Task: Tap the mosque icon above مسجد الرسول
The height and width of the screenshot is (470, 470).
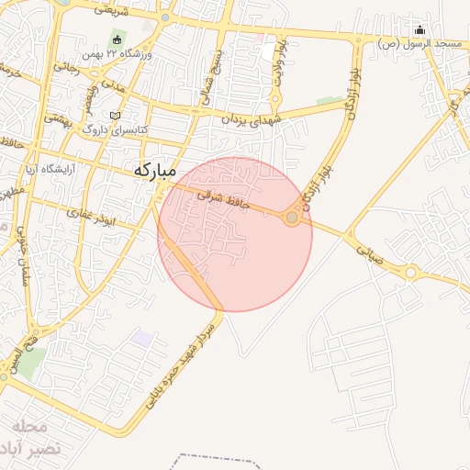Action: pos(420,29)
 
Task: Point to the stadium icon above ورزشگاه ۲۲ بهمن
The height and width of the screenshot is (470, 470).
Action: pos(117,38)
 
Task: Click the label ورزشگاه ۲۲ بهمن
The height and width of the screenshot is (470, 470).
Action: pos(123,53)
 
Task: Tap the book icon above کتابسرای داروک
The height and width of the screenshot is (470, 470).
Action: pos(115,116)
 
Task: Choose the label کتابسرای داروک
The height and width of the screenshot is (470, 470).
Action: pos(116,130)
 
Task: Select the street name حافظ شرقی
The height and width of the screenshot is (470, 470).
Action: pos(221,203)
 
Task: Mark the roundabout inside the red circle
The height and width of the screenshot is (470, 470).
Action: pos(292,218)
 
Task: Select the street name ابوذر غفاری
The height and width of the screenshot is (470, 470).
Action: pos(95,214)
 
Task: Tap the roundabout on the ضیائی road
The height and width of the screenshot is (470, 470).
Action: pos(410,272)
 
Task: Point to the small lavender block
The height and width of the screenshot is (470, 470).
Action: pos(142,338)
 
